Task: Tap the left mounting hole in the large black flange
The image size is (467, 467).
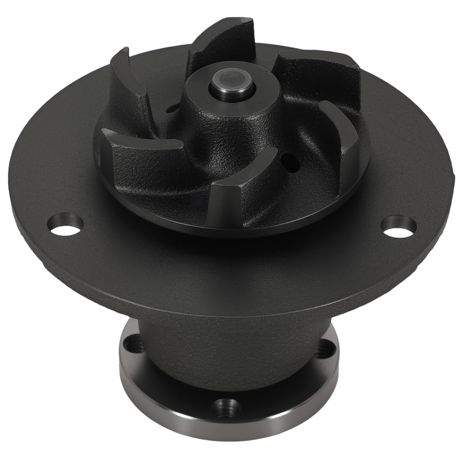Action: (x=66, y=225)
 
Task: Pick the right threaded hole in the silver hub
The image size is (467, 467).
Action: (x=325, y=347)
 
